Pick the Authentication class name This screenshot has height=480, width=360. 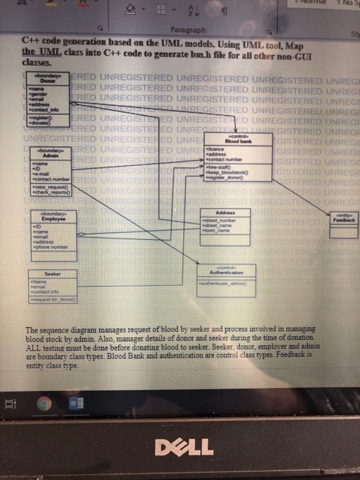pyautogui.click(x=226, y=271)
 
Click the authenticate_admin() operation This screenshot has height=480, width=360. pyautogui.click(x=225, y=282)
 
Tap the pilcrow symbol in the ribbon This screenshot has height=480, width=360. pyautogui.click(x=204, y=10)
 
